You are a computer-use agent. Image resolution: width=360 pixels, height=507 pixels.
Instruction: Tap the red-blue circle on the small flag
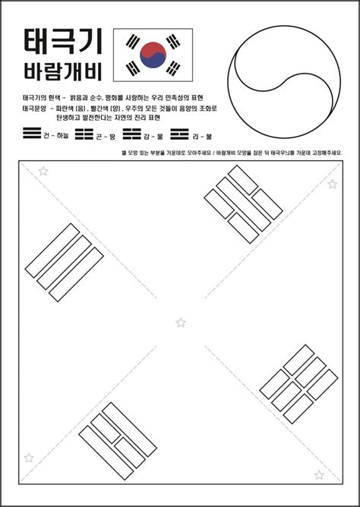153,55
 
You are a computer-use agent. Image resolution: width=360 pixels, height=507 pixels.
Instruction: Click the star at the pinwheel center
181,323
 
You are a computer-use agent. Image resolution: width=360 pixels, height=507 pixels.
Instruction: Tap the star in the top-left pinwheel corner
43,172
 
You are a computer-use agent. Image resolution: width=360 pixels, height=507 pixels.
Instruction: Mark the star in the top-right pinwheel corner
332,184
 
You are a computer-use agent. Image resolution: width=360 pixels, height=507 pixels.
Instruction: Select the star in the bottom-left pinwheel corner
29,457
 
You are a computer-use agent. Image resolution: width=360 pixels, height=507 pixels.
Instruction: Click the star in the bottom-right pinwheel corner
319,474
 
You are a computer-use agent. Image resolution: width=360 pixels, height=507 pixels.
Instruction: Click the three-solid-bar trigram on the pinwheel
64,261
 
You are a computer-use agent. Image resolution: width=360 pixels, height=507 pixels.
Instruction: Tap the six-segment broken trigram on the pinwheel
298,383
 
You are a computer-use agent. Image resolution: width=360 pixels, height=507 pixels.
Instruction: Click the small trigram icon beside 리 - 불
179,134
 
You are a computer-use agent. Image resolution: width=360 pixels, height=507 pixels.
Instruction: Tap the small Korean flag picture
153,55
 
